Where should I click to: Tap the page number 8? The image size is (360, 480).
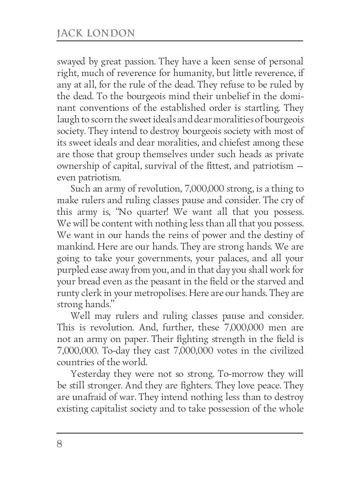pyautogui.click(x=60, y=444)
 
